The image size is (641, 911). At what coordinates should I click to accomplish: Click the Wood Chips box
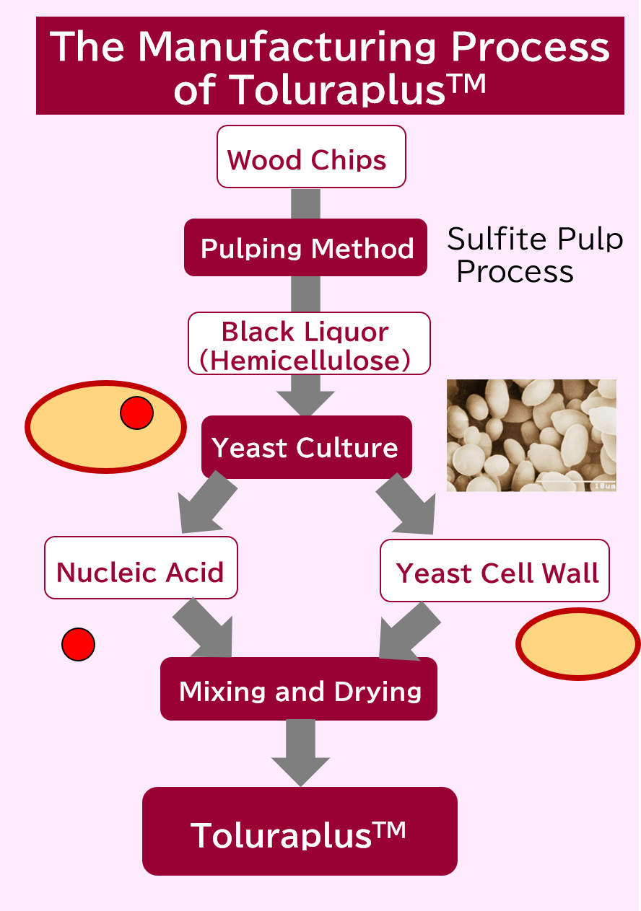(x=311, y=157)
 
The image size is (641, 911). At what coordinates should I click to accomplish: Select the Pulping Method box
(x=306, y=247)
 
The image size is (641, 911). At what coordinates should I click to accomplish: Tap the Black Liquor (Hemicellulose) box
(x=309, y=343)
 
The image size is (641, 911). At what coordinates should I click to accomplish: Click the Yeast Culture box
(x=306, y=447)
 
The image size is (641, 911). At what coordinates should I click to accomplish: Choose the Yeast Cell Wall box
(x=494, y=571)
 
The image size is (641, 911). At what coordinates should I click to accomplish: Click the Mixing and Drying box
(x=299, y=689)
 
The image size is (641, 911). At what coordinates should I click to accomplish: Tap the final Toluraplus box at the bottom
(x=300, y=832)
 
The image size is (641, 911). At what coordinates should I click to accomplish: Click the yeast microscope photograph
(x=531, y=435)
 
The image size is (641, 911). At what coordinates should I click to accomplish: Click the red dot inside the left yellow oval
(x=136, y=413)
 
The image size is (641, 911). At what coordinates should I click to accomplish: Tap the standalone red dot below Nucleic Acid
(x=78, y=644)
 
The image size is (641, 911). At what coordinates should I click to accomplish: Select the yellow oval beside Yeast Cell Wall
(x=577, y=644)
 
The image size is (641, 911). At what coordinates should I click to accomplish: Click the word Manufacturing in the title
(x=287, y=47)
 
